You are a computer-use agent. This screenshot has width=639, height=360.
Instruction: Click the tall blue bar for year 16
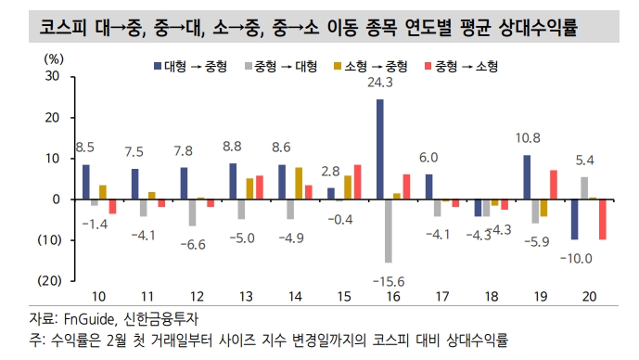point(380,149)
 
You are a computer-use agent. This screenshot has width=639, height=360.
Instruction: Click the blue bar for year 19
point(527,177)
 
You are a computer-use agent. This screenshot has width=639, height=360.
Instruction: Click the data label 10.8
point(528,138)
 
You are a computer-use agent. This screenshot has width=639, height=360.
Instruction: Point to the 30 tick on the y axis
point(52,78)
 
